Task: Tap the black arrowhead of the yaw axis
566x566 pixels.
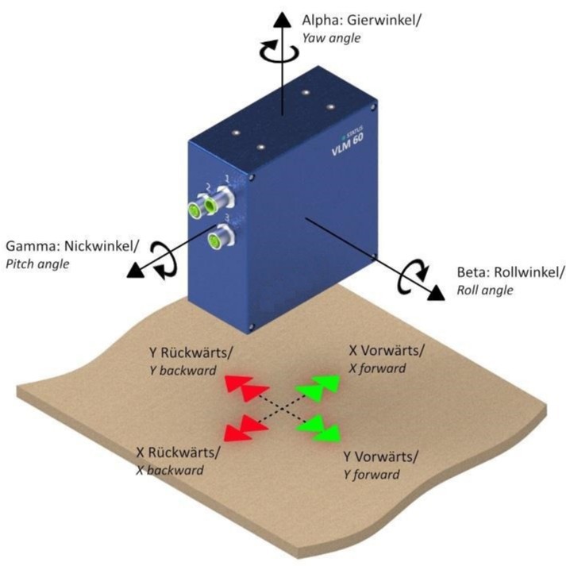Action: point(282,21)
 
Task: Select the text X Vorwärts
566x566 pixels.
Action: point(387,350)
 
